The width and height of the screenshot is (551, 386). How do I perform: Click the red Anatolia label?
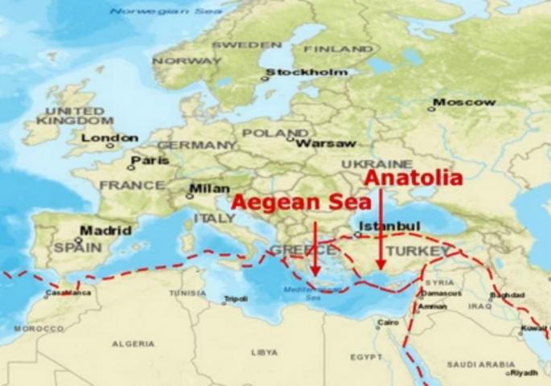[414, 178]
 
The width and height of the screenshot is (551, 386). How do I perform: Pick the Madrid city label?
[105, 230]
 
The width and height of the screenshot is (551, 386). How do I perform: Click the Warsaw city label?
[325, 143]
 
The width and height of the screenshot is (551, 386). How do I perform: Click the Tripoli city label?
[236, 298]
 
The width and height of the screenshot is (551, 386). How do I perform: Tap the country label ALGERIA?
[134, 343]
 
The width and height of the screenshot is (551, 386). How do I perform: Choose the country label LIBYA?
[264, 352]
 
